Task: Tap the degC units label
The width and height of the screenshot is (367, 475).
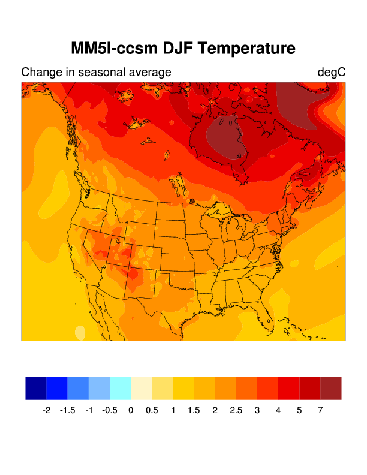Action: pyautogui.click(x=332, y=73)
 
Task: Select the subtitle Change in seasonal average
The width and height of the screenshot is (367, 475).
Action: pyautogui.click(x=96, y=73)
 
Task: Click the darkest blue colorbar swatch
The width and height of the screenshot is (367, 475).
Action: pyautogui.click(x=36, y=388)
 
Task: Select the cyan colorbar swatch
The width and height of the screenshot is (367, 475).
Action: pyautogui.click(x=120, y=388)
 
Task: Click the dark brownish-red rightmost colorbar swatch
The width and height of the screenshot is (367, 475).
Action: pyautogui.click(x=331, y=388)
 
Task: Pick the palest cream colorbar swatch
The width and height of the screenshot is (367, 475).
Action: pyautogui.click(x=141, y=388)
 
